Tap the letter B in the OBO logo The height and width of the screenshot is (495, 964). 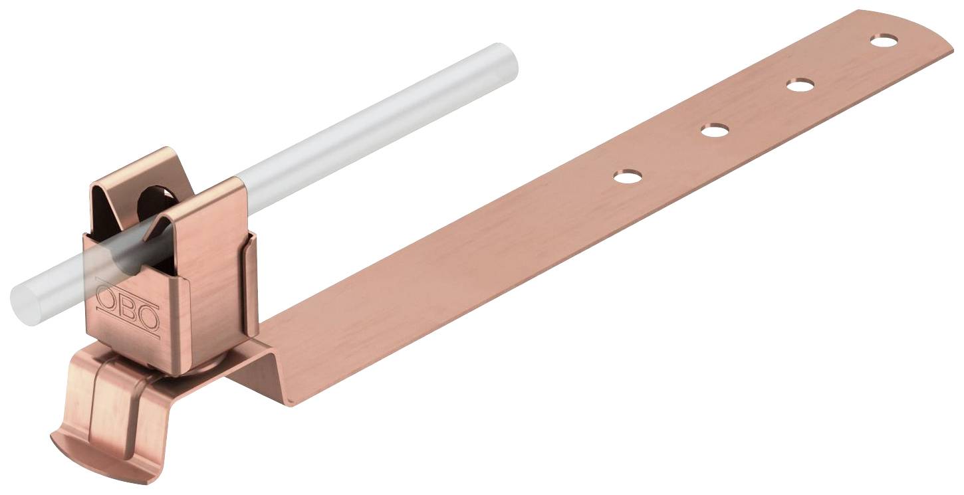tap(127, 307)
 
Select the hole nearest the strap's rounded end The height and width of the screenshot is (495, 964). tap(884, 41)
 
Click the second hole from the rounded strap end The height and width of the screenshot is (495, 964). tap(800, 85)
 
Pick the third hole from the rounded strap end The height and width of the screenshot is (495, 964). tap(715, 130)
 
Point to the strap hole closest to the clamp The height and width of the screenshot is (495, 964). tap(628, 176)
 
